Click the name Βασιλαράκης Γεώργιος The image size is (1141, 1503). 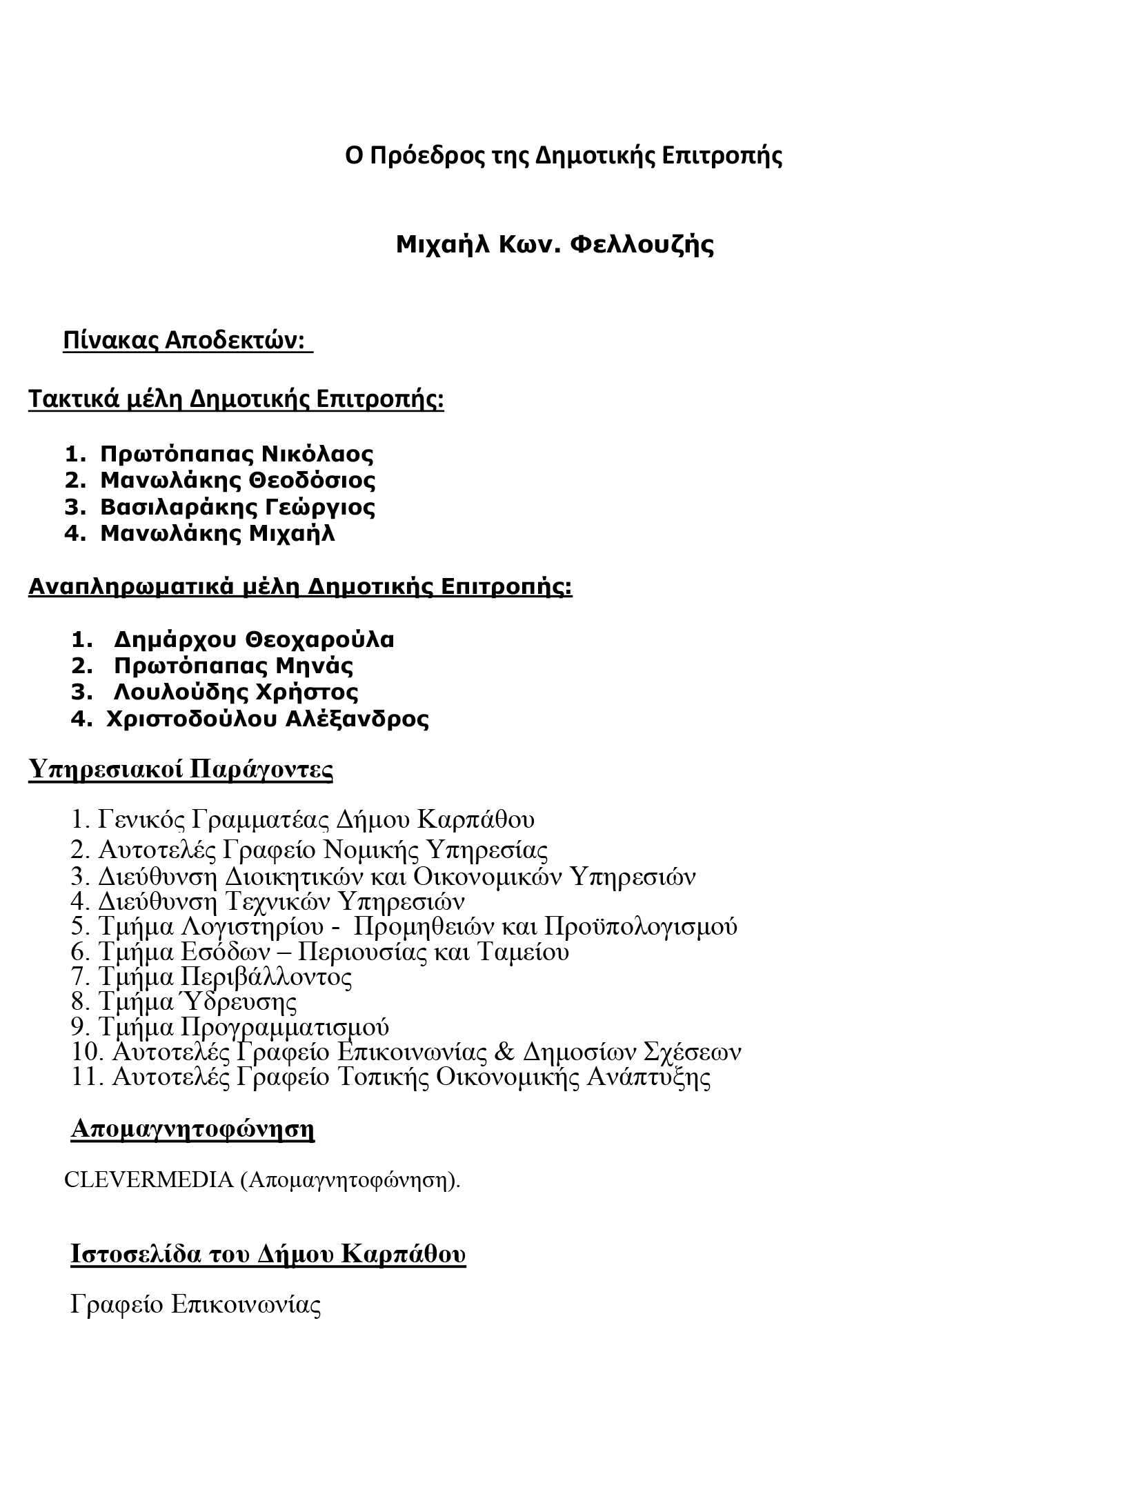click(x=237, y=507)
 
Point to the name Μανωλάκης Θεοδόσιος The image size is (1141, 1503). click(x=237, y=480)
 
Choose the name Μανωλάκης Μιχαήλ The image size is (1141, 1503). click(x=217, y=533)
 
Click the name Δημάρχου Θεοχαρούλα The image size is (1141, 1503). click(x=253, y=639)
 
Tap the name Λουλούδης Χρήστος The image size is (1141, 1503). click(x=236, y=692)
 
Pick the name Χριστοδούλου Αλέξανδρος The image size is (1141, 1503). click(x=268, y=719)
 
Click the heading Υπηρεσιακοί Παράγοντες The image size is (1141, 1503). click(x=181, y=769)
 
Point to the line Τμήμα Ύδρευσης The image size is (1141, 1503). click(x=197, y=1002)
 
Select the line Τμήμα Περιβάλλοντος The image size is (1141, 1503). click(x=225, y=977)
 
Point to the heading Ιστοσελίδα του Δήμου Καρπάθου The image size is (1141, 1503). click(x=268, y=1253)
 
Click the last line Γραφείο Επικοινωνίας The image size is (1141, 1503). click(x=196, y=1305)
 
